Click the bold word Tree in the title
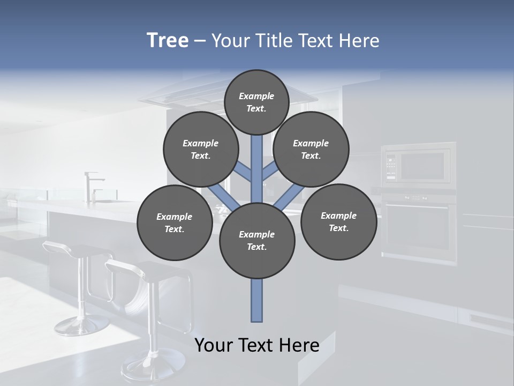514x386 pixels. (168, 40)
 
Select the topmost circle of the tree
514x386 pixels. (256, 102)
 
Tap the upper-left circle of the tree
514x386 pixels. (201, 149)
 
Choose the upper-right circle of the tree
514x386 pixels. (311, 149)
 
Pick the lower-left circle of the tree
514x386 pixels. (175, 222)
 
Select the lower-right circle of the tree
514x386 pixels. (338, 221)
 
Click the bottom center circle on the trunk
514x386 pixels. (257, 240)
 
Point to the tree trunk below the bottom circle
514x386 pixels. (257, 300)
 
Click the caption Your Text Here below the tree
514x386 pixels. (257, 345)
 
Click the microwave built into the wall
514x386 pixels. (418, 166)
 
